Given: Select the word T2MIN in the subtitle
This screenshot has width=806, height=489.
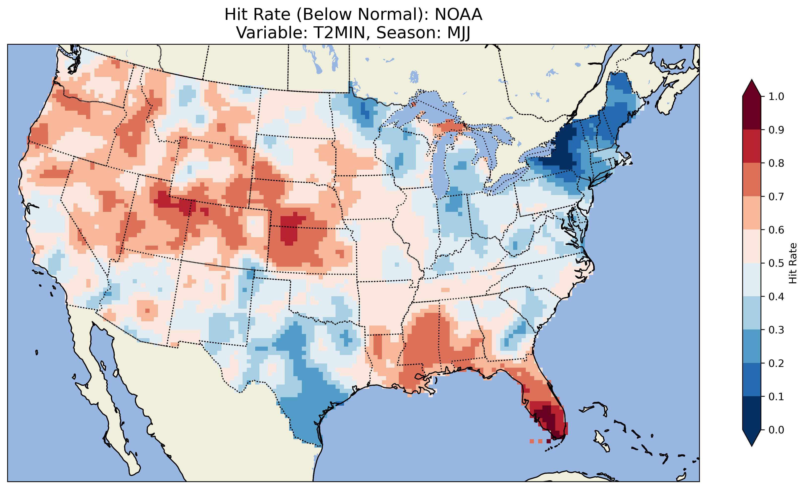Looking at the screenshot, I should pyautogui.click(x=337, y=33).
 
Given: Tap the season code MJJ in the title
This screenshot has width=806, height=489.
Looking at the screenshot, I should pyautogui.click(x=456, y=33).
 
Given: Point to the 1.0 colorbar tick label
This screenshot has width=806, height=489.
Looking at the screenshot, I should pyautogui.click(x=776, y=97).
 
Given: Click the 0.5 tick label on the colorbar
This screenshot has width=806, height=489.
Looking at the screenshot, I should pyautogui.click(x=776, y=263).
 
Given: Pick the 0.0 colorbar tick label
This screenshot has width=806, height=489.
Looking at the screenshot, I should pyautogui.click(x=776, y=430).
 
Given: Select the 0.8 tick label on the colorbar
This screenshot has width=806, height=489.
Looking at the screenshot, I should pyautogui.click(x=776, y=163).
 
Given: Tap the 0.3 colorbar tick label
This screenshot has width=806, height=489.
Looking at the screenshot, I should pyautogui.click(x=776, y=330).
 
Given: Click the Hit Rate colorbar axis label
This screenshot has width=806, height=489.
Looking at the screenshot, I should pyautogui.click(x=793, y=263).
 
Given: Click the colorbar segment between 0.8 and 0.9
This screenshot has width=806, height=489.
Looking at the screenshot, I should pyautogui.click(x=752, y=146).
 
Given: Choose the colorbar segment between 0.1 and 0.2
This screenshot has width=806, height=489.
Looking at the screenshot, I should pyautogui.click(x=752, y=380).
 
